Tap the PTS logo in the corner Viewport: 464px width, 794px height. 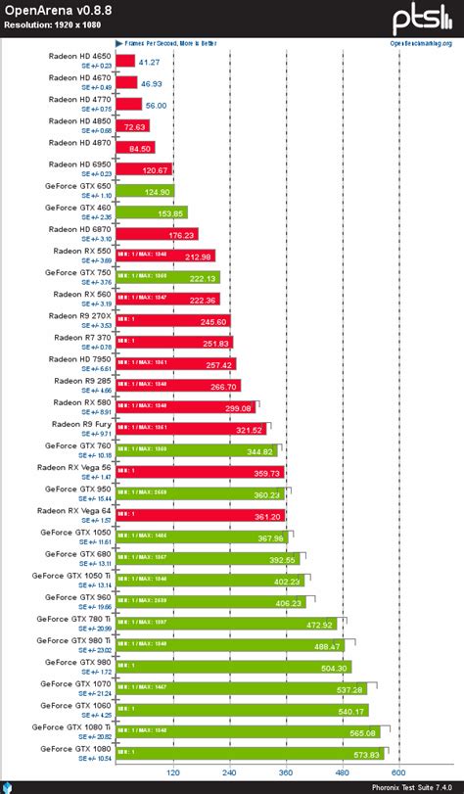tap(422, 20)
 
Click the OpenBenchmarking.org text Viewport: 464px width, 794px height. tap(420, 43)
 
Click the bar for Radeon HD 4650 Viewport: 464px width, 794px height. tap(124, 61)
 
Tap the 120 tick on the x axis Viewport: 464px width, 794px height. tap(173, 771)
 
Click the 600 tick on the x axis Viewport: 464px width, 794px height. tap(398, 771)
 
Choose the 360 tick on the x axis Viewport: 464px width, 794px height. tap(286, 771)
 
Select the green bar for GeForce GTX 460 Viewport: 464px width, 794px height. tap(151, 212)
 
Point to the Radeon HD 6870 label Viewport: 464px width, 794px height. tap(77, 229)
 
